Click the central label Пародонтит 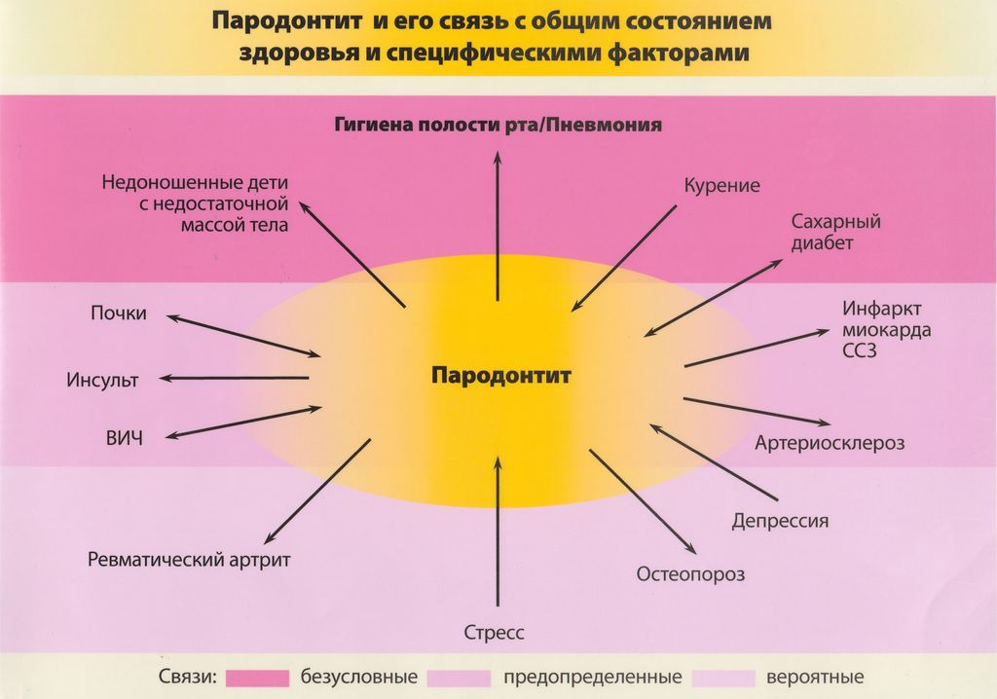click(501, 375)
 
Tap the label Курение click(721, 186)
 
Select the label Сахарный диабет click(835, 232)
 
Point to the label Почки click(118, 313)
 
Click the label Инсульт click(102, 381)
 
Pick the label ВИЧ click(125, 438)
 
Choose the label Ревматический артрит click(189, 560)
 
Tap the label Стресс click(494, 633)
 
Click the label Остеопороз click(690, 573)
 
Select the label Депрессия click(780, 521)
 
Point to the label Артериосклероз click(830, 443)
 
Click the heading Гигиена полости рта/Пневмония click(498, 125)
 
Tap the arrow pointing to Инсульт click(234, 378)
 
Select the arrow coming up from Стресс click(498, 532)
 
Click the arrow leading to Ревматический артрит click(317, 491)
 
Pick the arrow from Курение click(624, 258)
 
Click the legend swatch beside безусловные click(257, 678)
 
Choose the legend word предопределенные click(593, 678)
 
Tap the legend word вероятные click(815, 678)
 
